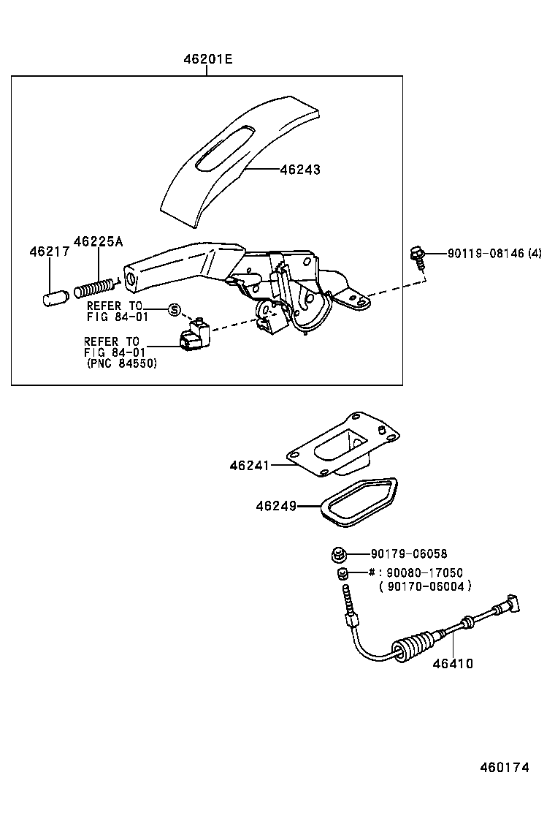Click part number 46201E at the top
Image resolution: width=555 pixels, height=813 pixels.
tap(207, 59)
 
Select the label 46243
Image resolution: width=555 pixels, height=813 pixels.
tap(300, 170)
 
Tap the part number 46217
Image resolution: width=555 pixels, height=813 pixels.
tap(50, 252)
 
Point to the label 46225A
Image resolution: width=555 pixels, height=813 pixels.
tap(98, 241)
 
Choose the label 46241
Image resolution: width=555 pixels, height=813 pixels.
tap(249, 465)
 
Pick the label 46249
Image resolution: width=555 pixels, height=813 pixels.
tap(275, 505)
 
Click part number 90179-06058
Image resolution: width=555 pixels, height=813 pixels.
tap(408, 554)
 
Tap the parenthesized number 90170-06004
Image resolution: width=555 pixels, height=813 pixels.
tap(426, 586)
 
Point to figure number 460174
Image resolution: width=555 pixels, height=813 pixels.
tap(504, 768)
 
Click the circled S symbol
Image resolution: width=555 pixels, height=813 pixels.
tap(174, 309)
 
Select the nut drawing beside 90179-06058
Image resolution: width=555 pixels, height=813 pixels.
tap(338, 555)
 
